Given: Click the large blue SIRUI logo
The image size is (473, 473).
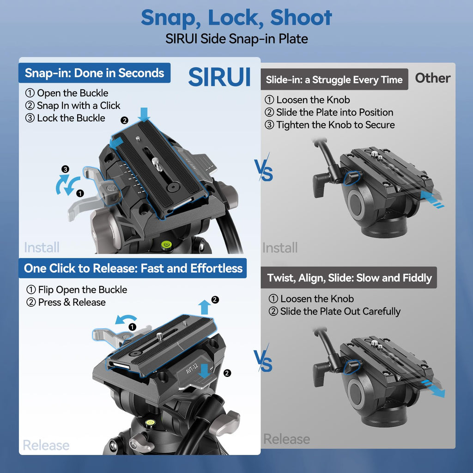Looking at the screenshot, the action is (x=219, y=77).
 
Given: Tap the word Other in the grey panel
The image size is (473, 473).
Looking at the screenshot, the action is (x=432, y=78).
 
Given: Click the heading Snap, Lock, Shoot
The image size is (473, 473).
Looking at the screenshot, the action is (x=236, y=18).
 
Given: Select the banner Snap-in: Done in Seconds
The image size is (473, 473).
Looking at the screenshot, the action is (x=94, y=73).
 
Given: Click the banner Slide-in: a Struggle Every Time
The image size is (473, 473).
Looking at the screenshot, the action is (x=334, y=79).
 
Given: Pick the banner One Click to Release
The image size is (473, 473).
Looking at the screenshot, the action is (x=133, y=268).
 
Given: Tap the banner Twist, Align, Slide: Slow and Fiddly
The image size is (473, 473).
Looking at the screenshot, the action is (x=349, y=278).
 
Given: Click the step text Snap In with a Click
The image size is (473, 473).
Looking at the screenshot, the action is (x=79, y=106).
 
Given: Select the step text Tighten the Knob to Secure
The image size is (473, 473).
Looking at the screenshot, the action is (x=335, y=125).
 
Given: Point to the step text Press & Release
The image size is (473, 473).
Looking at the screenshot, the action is (x=72, y=302).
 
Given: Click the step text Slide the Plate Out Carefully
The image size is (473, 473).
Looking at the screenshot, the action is (x=340, y=311).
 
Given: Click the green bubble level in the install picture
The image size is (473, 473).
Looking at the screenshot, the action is (x=166, y=243).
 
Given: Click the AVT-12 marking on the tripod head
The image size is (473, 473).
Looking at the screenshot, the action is (x=192, y=368).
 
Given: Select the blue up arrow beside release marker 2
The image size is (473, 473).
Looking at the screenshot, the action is (x=205, y=307).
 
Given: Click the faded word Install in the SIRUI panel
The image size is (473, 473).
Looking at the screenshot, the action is (x=42, y=248).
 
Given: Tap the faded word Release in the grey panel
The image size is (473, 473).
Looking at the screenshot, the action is (x=286, y=439).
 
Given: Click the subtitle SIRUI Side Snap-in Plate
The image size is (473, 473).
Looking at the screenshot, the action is (x=236, y=39).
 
